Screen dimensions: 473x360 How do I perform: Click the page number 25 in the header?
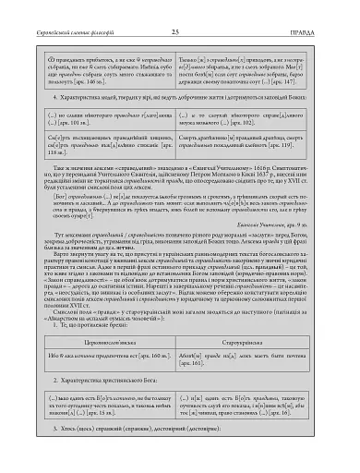pyautogui.click(x=174, y=8)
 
